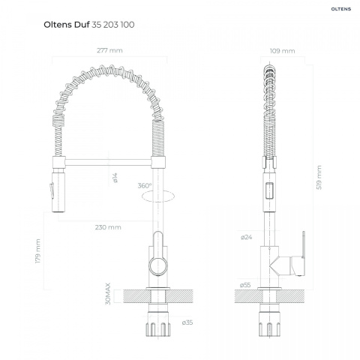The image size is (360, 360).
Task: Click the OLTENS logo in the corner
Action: [341, 9]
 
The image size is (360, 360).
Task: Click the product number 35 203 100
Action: [113, 25]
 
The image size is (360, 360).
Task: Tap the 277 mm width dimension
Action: [109, 50]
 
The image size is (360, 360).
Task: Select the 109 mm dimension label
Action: [282, 51]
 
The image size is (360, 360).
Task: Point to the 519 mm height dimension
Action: [319, 177]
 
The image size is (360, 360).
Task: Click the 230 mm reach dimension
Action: [108, 227]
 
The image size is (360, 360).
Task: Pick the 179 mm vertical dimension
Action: [37, 251]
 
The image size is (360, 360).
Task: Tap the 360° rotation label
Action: [145, 186]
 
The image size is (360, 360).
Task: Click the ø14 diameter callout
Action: [115, 178]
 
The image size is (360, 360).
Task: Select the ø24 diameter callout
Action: [246, 237]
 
